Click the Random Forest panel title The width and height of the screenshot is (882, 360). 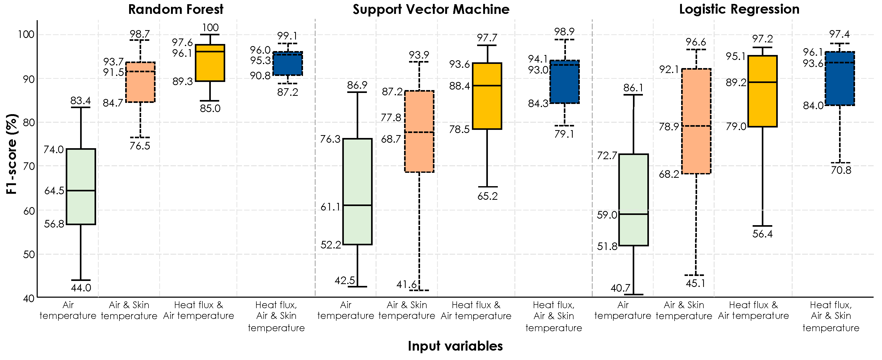pyautogui.click(x=176, y=9)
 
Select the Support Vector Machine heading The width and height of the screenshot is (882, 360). pyautogui.click(x=431, y=9)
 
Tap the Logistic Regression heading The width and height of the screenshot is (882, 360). pyautogui.click(x=739, y=9)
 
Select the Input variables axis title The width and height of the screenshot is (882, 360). pyautogui.click(x=455, y=346)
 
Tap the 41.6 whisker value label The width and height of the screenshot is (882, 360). pyautogui.click(x=406, y=284)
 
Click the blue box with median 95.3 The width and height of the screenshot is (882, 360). pyautogui.click(x=288, y=64)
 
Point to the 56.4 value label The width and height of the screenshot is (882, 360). pyautogui.click(x=763, y=234)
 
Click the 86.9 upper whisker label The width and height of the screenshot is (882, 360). pyautogui.click(x=357, y=85)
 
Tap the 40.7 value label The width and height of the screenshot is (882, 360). pyautogui.click(x=620, y=288)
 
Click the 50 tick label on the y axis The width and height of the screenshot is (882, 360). pyautogui.click(x=29, y=254)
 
